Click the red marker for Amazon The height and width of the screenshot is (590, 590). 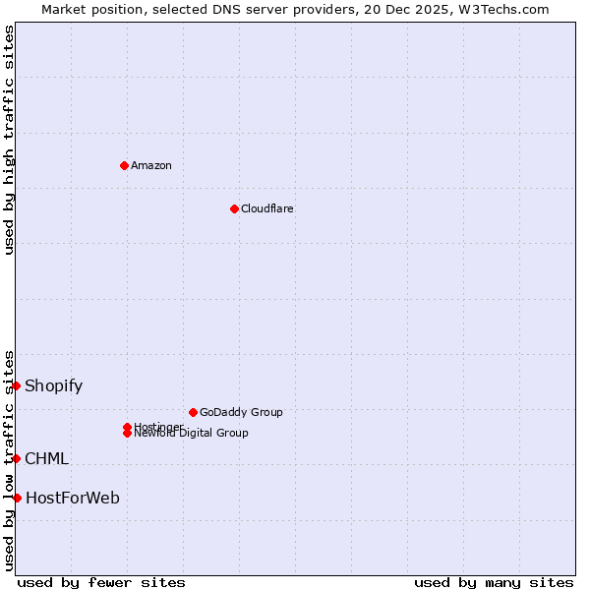point(124,165)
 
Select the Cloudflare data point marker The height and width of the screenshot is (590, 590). point(234,208)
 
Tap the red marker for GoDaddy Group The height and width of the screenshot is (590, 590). point(193,412)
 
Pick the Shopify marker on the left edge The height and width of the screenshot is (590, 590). point(17,385)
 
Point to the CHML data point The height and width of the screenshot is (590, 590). point(17,458)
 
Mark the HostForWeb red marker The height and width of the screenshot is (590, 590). point(17,498)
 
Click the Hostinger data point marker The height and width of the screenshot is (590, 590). point(127,427)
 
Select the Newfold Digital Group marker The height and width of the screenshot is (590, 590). point(127,434)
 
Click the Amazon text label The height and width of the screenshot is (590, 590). point(150,165)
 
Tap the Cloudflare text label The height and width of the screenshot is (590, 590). point(266,208)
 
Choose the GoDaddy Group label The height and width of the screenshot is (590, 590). point(241,412)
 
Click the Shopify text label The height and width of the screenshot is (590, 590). point(53,385)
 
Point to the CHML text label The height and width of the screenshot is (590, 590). point(46,458)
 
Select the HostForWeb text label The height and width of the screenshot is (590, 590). point(72,498)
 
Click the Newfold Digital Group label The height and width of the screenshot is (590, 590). point(193,434)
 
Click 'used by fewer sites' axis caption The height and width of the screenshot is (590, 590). point(101,582)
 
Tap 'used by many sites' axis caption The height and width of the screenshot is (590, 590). point(494,582)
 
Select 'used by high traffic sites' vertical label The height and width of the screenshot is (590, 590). point(9,140)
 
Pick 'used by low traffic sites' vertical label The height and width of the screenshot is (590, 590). point(9,460)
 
